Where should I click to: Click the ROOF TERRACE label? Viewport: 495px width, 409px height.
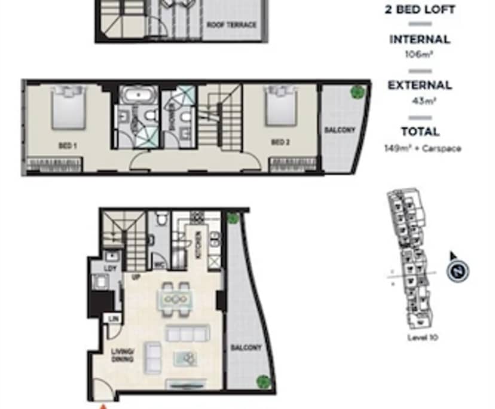click(231, 25)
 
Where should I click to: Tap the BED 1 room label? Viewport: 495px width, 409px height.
click(66, 145)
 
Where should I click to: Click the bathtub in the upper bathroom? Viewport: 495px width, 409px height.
click(138, 95)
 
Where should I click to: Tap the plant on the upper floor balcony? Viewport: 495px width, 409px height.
click(357, 92)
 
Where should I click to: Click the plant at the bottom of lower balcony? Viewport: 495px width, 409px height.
click(262, 381)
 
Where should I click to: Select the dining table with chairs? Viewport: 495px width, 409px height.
click(175, 298)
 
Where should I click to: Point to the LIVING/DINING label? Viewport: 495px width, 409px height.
click(122, 356)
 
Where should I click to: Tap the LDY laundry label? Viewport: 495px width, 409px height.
click(110, 268)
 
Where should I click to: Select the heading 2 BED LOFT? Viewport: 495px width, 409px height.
click(420, 10)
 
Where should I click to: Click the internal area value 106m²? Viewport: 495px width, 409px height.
click(419, 54)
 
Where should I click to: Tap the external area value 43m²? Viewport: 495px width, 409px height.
click(423, 101)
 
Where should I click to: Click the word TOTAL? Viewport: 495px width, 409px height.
click(420, 132)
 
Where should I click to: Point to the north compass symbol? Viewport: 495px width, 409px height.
click(457, 271)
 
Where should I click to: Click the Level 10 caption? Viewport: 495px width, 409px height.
click(423, 337)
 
